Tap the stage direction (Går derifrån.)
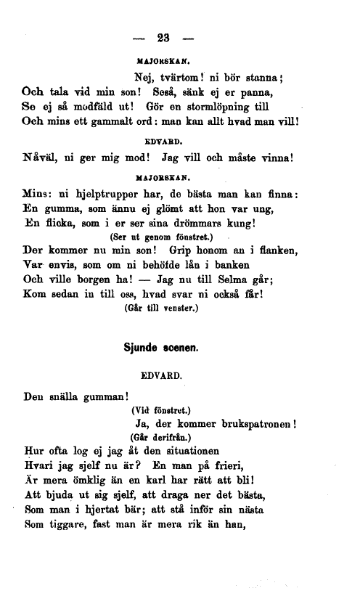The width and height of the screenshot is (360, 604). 160,438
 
